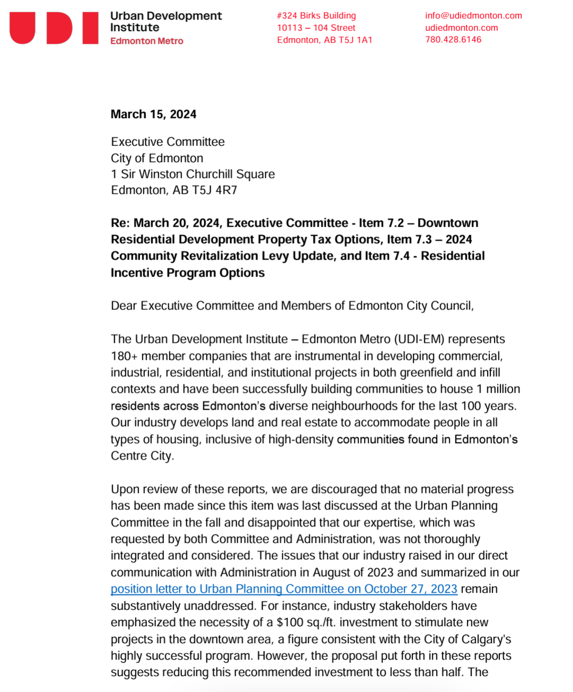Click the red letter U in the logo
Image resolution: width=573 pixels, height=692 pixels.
(22, 28)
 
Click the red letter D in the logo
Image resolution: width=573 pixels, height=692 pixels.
(59, 28)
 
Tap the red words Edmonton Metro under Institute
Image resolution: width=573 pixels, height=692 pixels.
(146, 41)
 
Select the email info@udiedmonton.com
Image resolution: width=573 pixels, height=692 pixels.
(473, 15)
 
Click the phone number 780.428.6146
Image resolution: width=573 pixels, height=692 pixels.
(453, 39)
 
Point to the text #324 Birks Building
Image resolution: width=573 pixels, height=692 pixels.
(316, 15)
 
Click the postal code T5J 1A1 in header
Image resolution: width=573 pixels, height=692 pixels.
(357, 40)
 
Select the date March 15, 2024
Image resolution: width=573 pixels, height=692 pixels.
(153, 114)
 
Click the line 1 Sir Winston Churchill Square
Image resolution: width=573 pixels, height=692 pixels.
(193, 174)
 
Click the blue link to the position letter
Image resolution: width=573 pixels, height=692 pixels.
(284, 589)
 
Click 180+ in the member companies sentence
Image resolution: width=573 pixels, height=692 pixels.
(124, 356)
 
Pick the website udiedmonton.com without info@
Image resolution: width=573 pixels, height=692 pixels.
(462, 28)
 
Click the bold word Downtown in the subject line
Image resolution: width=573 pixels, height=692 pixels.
(448, 223)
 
